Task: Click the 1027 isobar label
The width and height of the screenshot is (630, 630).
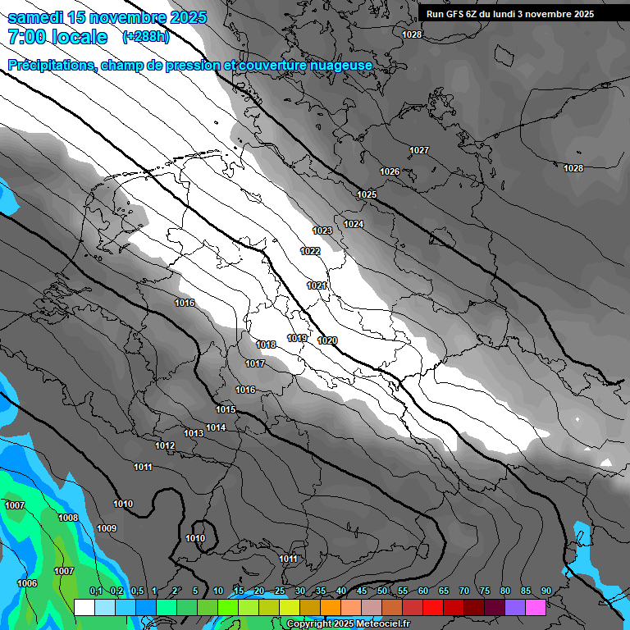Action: click(x=419, y=150)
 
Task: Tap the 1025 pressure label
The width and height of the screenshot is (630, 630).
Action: click(x=367, y=194)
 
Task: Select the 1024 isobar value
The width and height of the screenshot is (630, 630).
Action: click(x=354, y=224)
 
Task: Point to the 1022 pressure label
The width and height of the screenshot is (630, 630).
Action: click(x=310, y=251)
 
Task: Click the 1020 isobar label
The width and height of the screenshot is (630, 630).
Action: click(x=327, y=340)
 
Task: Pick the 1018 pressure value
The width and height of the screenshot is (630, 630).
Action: click(x=266, y=345)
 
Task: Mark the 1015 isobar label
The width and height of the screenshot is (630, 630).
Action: click(x=226, y=409)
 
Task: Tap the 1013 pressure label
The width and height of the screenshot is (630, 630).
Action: click(x=194, y=433)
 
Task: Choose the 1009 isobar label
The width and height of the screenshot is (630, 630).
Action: click(x=107, y=528)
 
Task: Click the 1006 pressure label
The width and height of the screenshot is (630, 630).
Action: click(x=27, y=583)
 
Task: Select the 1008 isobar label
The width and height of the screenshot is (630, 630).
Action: click(x=68, y=518)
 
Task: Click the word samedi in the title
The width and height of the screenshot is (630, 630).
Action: click(x=37, y=17)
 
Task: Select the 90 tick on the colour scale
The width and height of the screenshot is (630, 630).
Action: click(x=546, y=591)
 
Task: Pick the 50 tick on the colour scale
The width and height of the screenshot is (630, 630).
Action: click(x=382, y=591)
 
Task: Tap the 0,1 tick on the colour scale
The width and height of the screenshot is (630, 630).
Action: click(x=95, y=591)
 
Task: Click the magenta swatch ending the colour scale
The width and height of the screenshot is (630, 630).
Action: click(x=536, y=607)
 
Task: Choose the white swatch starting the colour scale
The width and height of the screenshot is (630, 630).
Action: click(x=84, y=607)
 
